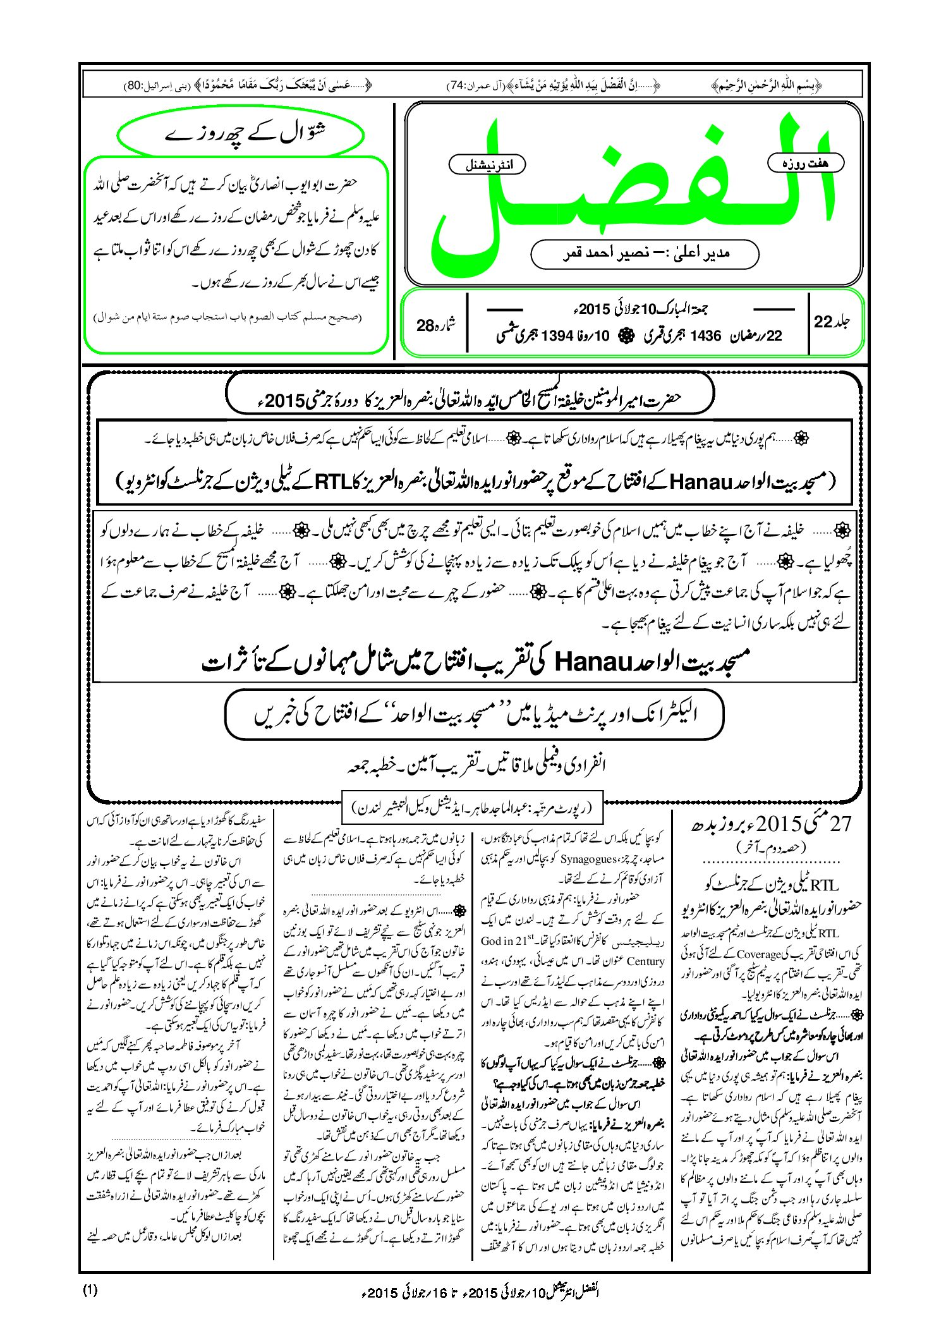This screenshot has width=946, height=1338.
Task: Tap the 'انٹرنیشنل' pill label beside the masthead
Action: click(x=487, y=165)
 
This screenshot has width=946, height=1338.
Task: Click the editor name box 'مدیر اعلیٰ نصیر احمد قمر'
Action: click(x=645, y=253)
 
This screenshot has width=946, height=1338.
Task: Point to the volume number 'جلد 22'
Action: click(x=832, y=322)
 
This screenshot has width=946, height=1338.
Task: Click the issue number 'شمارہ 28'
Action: click(x=436, y=325)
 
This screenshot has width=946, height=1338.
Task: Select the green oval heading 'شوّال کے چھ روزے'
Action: click(x=241, y=135)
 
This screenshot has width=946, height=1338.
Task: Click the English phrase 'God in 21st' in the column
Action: click(x=508, y=940)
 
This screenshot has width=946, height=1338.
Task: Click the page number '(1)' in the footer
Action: click(x=90, y=1290)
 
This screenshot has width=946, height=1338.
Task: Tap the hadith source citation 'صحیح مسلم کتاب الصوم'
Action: click(x=227, y=317)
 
